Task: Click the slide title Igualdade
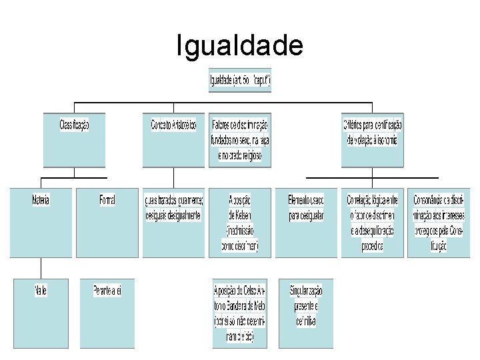click(x=239, y=45)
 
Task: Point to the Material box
click(x=41, y=223)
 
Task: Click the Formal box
click(x=107, y=223)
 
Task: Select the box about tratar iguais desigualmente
click(x=173, y=223)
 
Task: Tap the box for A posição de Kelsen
click(x=240, y=223)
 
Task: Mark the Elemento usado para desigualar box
click(x=306, y=223)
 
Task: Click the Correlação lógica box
click(x=373, y=223)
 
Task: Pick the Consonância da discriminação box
click(x=439, y=223)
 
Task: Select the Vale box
click(x=41, y=313)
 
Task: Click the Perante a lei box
click(x=107, y=313)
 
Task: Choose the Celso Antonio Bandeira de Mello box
click(x=240, y=313)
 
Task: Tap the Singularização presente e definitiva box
click(x=306, y=313)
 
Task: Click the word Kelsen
click(x=240, y=215)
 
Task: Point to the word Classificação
click(x=74, y=125)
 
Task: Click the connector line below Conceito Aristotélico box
click(x=173, y=177)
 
